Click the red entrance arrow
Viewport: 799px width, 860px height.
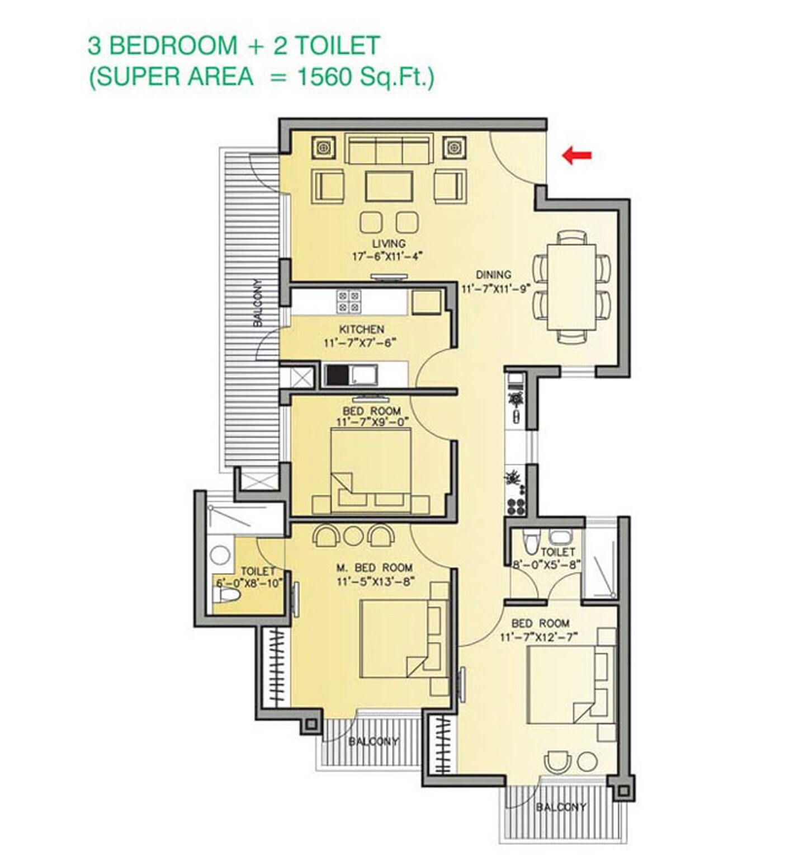click(x=576, y=156)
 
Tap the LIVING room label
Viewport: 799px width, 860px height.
click(x=389, y=243)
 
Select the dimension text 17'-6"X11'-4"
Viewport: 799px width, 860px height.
click(x=386, y=257)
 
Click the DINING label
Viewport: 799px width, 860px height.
click(x=493, y=275)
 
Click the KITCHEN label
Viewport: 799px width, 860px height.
click(x=361, y=329)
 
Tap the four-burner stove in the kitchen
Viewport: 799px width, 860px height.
click(x=348, y=301)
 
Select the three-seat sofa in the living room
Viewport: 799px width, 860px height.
click(x=389, y=149)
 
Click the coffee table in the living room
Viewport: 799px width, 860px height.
click(x=389, y=186)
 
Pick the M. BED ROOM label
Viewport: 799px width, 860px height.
click(x=374, y=568)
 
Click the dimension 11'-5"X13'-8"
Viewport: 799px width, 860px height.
click(x=375, y=581)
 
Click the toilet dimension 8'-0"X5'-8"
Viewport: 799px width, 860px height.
click(x=547, y=565)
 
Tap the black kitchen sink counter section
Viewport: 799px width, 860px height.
click(x=337, y=374)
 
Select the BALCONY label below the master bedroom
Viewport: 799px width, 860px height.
click(x=374, y=741)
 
